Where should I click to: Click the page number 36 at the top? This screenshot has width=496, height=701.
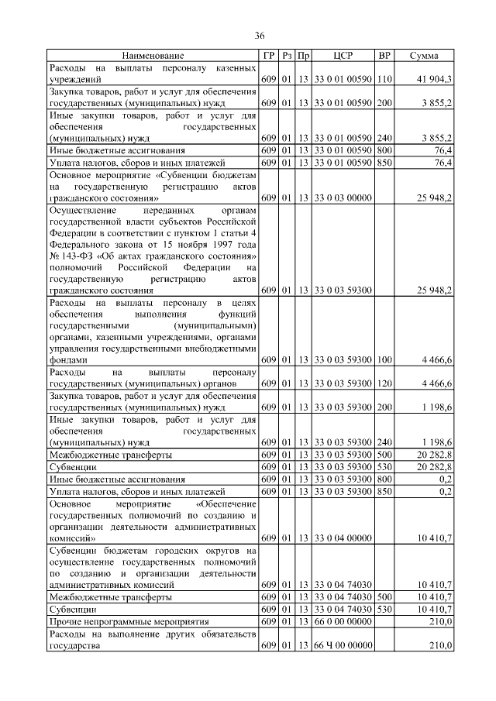coord(260,36)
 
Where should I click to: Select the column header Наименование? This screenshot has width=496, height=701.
coord(152,56)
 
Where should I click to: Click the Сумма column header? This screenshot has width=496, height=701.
coord(425,56)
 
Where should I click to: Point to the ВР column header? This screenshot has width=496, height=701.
coord(384,56)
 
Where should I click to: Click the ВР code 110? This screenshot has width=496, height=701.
coord(384,79)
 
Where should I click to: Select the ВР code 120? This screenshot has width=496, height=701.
coord(384,383)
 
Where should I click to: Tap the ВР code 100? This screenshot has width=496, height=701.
coord(384,360)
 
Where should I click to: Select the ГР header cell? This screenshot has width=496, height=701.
coord(268,56)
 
